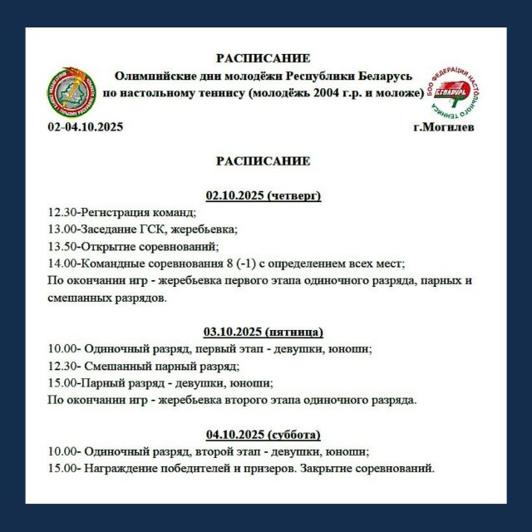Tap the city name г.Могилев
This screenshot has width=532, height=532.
[x=444, y=128]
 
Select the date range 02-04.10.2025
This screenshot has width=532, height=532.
[x=86, y=128]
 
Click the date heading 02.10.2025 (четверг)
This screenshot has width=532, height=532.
[x=263, y=195]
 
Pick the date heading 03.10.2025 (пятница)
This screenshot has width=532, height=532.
[x=264, y=331]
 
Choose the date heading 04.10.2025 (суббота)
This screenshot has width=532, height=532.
[x=263, y=435]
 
